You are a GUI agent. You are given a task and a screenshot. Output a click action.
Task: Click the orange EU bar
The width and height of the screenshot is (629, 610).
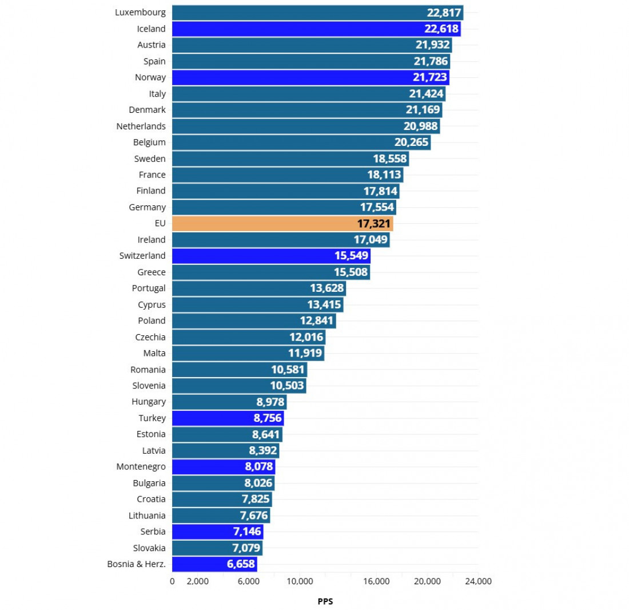pyautogui.click(x=282, y=223)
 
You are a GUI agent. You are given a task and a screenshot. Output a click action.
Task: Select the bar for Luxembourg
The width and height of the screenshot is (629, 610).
pyautogui.click(x=317, y=13)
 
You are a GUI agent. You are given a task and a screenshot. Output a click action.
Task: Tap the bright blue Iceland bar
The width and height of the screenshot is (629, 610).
pyautogui.click(x=316, y=29)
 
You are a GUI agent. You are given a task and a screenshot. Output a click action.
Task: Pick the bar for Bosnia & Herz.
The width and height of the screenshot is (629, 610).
pyautogui.click(x=214, y=564)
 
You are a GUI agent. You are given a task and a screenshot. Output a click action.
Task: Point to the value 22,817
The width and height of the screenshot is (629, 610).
pyautogui.click(x=444, y=13)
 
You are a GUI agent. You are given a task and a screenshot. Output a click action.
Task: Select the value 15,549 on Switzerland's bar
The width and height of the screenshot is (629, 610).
pyautogui.click(x=351, y=256)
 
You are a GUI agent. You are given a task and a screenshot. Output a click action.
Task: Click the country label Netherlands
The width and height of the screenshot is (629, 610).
pyautogui.click(x=141, y=126)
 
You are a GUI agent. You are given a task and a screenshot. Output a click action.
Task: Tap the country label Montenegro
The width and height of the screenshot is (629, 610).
pyautogui.click(x=141, y=466)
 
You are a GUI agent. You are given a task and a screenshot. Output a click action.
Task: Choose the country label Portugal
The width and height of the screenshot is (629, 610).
pyautogui.click(x=148, y=288)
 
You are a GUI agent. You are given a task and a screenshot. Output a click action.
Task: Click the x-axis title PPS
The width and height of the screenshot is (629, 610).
pyautogui.click(x=325, y=601)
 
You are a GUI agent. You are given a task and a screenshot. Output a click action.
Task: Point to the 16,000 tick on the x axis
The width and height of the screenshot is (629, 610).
pyautogui.click(x=376, y=581)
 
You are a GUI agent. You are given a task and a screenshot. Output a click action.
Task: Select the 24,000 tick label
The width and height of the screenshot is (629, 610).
pyautogui.click(x=478, y=581)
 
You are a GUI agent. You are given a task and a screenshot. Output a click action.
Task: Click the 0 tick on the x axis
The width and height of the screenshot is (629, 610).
pyautogui.click(x=172, y=581)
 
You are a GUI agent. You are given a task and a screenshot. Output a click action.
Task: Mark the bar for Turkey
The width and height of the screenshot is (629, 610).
pyautogui.click(x=228, y=418)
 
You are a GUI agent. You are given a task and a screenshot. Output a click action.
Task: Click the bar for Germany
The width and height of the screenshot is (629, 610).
pyautogui.click(x=284, y=207)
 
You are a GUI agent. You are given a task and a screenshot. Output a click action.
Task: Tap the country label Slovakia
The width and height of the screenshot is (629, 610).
pyautogui.click(x=149, y=548)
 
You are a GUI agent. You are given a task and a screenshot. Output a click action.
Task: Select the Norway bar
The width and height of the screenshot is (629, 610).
pyautogui.click(x=310, y=77)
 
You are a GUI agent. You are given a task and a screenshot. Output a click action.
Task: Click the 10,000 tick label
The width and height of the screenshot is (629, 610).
pyautogui.click(x=300, y=581)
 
